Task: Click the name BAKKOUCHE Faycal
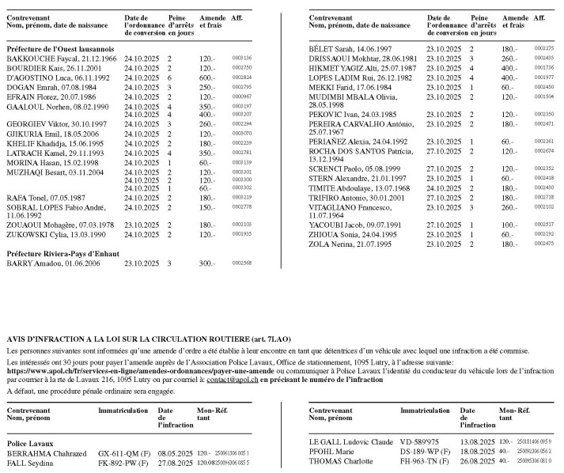tap(33, 59)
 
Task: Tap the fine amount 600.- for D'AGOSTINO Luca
tap(206, 78)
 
